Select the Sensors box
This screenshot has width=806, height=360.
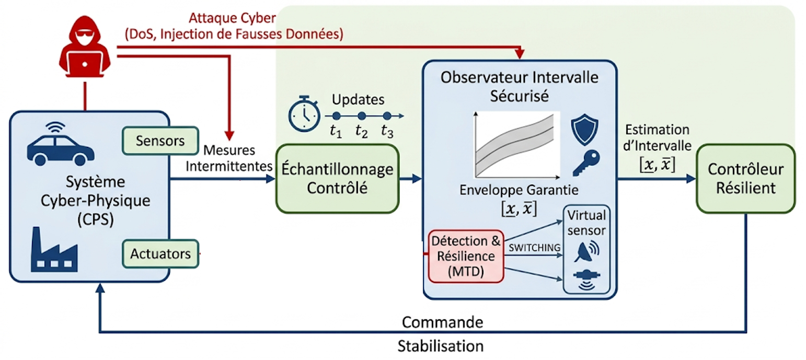[160, 141]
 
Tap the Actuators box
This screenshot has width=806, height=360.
[160, 254]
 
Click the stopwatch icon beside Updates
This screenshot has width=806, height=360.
[304, 114]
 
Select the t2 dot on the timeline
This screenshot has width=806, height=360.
[362, 116]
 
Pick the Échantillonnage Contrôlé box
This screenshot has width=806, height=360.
[338, 178]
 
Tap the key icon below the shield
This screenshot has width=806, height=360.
[586, 163]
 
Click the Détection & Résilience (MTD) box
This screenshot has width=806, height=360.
[466, 256]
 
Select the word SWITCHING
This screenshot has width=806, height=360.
[534, 248]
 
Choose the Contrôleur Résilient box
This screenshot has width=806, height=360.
[745, 178]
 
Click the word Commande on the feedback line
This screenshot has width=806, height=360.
[443, 322]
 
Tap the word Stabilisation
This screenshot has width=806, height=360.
[441, 346]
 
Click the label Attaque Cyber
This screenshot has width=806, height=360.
[233, 18]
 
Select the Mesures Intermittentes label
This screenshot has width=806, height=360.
[229, 158]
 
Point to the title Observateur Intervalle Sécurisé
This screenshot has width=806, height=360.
[519, 87]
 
